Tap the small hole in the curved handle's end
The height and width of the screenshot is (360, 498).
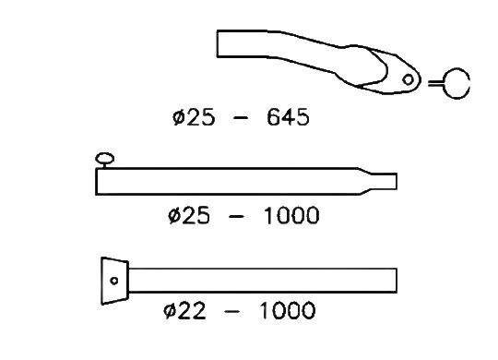tap(409, 79)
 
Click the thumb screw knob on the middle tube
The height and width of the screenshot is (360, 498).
tap(106, 160)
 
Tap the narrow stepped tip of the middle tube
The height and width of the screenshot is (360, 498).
tap(387, 180)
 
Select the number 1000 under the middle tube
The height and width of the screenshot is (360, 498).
tap(291, 216)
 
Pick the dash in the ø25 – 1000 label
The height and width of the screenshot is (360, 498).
tap(238, 216)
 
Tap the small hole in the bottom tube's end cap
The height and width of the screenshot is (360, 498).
tap(113, 280)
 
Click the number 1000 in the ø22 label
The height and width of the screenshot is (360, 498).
tap(287, 311)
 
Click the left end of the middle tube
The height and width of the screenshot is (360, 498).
tap(98, 181)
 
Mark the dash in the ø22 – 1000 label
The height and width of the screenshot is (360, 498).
tap(233, 311)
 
